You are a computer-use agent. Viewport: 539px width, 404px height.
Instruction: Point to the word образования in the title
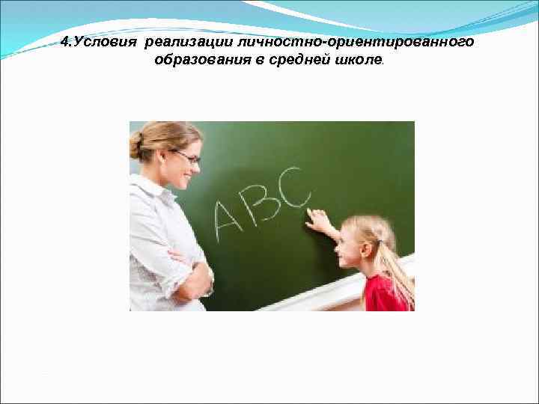click(x=195, y=60)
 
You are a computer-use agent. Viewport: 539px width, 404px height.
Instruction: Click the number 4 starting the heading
click(x=65, y=42)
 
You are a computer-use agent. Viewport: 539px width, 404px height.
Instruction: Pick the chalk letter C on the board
click(x=293, y=190)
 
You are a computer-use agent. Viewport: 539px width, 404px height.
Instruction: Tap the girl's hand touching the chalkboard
click(x=318, y=220)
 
